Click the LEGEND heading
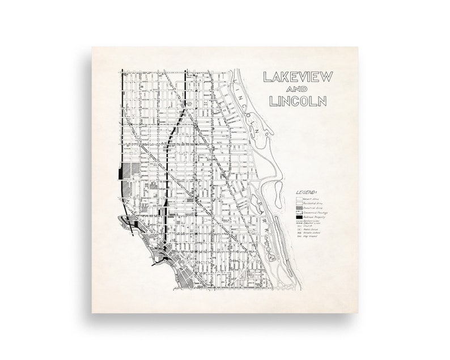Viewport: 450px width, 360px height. pos(305,193)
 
